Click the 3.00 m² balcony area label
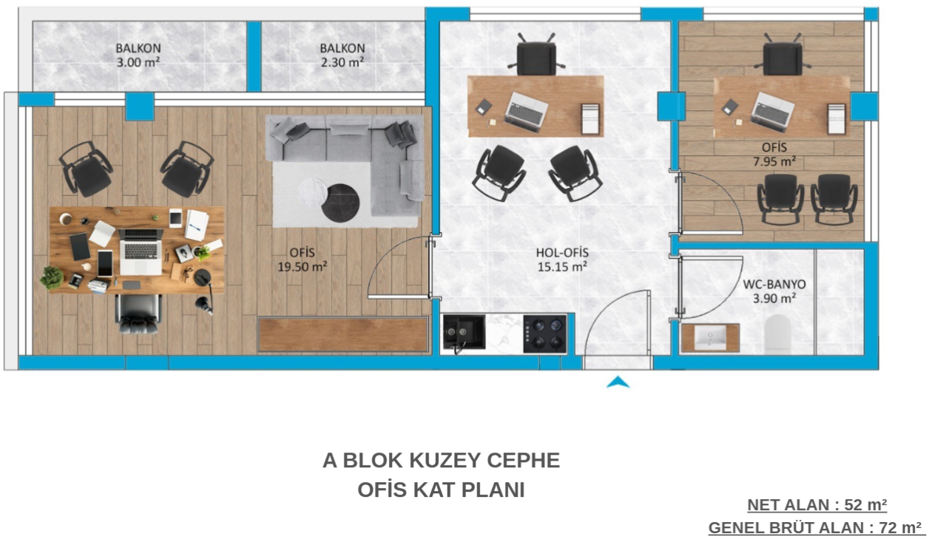click(x=138, y=62)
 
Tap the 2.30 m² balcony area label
click(x=342, y=62)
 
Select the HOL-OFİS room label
click(x=562, y=252)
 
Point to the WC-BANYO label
click(x=774, y=285)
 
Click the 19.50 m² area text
click(x=302, y=266)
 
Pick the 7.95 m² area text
click(x=774, y=161)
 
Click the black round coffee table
click(x=340, y=203)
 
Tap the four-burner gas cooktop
click(x=544, y=334)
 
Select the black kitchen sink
click(x=464, y=332)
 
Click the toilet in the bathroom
click(x=777, y=334)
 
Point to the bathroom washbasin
click(x=710, y=337)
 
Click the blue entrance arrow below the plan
click(x=618, y=382)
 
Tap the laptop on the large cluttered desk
click(x=141, y=251)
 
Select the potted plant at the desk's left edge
click(x=52, y=277)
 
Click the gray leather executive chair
click(x=138, y=314)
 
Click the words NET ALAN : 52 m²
click(x=817, y=505)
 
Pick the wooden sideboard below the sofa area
click(x=343, y=334)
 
